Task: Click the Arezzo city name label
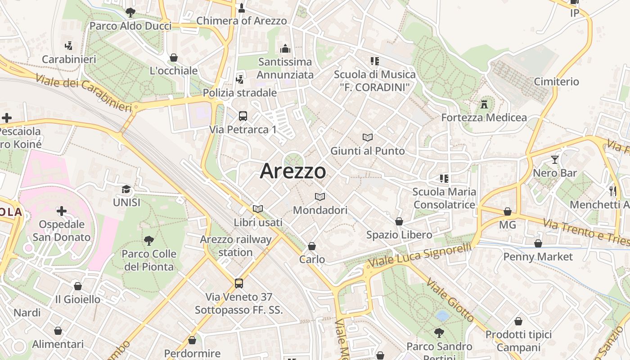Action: [293, 171]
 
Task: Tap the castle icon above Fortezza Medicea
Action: [484, 104]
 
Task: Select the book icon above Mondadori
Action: [320, 197]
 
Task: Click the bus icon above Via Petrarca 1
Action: [243, 116]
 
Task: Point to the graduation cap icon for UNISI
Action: [126, 189]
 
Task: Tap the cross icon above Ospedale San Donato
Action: [62, 211]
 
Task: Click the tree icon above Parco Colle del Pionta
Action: [148, 241]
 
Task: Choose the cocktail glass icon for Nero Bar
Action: [555, 160]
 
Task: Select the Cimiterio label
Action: [556, 81]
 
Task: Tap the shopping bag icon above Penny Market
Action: [538, 243]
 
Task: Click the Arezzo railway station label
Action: [236, 246]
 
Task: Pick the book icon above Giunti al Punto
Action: [368, 138]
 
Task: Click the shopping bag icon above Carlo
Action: [312, 246]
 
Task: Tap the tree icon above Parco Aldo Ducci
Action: [130, 13]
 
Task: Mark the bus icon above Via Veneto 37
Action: [239, 283]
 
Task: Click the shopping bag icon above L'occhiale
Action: [174, 58]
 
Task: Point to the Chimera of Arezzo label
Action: [242, 21]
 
